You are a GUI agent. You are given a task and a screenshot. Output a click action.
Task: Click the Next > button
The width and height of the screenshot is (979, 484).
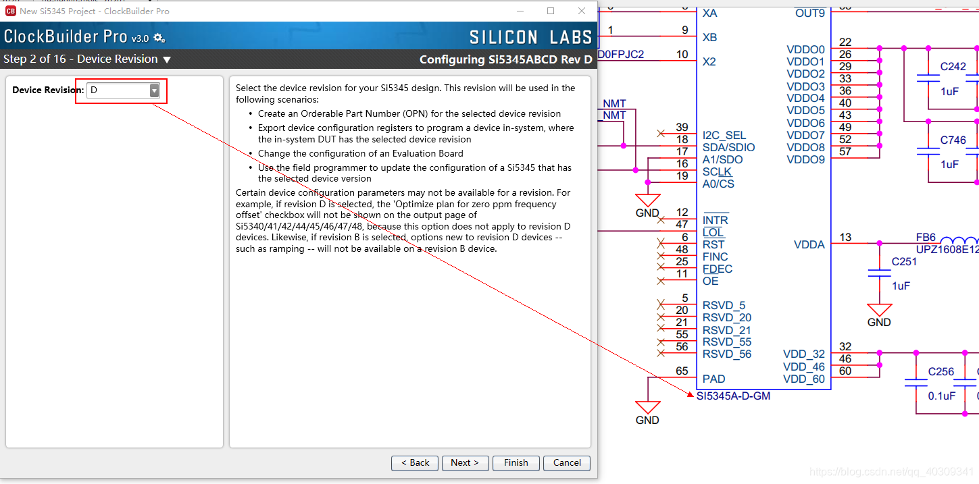[465, 462]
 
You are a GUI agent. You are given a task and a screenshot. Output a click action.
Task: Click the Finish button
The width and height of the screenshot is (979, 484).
[516, 462]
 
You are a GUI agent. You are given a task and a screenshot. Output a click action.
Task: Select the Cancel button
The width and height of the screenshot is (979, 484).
[567, 462]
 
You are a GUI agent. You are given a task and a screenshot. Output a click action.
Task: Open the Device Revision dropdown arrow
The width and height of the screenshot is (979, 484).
[154, 90]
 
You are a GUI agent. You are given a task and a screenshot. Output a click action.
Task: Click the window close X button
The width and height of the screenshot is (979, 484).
[581, 11]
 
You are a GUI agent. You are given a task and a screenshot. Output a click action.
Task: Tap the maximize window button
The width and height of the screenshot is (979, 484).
[551, 11]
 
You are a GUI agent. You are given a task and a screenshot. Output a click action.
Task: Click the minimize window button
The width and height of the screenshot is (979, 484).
[520, 11]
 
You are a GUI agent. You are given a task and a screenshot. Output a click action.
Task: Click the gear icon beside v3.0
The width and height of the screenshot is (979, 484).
[159, 38]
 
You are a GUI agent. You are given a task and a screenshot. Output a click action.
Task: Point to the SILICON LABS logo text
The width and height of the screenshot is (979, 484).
[530, 38]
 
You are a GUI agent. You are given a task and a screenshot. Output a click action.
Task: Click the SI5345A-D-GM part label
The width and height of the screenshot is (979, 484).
[733, 396]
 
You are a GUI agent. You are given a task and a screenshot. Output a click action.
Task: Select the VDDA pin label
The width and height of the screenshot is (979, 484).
[809, 244]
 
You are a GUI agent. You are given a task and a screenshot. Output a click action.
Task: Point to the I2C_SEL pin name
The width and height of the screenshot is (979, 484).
[724, 136]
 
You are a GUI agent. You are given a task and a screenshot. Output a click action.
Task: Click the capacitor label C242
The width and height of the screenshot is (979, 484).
[953, 66]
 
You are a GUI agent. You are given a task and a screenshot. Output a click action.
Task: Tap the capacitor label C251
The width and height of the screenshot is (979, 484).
[904, 262]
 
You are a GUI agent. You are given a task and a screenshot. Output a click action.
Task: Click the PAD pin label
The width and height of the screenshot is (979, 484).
[713, 379]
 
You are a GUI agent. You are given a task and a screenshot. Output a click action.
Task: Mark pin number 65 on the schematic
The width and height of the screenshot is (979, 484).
[682, 371]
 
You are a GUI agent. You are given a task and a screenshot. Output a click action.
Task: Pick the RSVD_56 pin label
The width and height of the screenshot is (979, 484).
[727, 354]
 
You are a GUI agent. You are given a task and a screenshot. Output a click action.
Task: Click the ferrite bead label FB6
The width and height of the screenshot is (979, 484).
[926, 237]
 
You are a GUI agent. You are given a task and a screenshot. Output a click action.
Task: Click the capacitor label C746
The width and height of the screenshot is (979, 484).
[953, 140]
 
